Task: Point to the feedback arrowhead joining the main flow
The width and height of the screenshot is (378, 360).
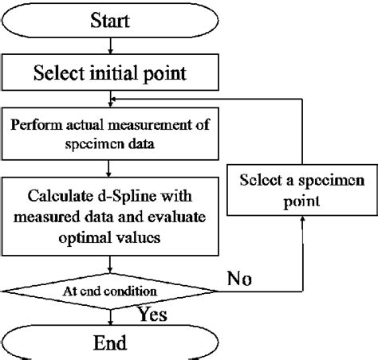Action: [x=113, y=100]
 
